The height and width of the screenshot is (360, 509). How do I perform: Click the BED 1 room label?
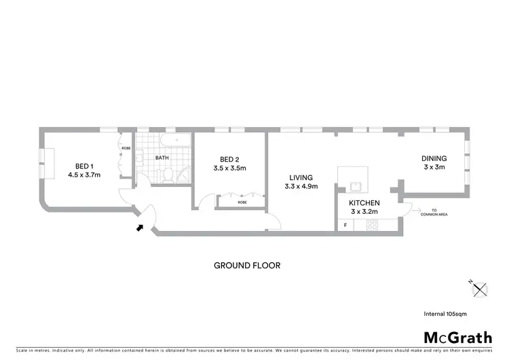tap(84, 165)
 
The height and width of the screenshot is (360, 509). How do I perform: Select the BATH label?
tap(162, 158)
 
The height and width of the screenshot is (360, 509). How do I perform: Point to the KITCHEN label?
tap(364, 203)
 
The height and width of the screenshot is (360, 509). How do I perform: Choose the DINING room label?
tap(434, 158)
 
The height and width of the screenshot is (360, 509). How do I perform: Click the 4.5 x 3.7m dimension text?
tap(84, 175)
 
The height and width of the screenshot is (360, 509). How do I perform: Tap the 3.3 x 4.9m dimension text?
tap(301, 186)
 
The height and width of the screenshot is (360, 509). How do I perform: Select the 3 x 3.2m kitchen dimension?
tap(364, 213)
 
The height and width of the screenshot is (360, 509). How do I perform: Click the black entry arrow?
tap(140, 228)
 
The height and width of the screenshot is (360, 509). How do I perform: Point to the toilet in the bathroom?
tap(167, 175)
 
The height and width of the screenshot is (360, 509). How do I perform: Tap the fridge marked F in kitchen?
tap(345, 225)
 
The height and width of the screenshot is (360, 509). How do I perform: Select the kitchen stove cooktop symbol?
tap(373, 225)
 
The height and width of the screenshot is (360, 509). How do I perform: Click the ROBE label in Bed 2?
tap(242, 202)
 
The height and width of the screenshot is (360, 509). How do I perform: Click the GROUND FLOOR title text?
tap(247, 266)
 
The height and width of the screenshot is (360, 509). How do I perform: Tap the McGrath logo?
tap(458, 337)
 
